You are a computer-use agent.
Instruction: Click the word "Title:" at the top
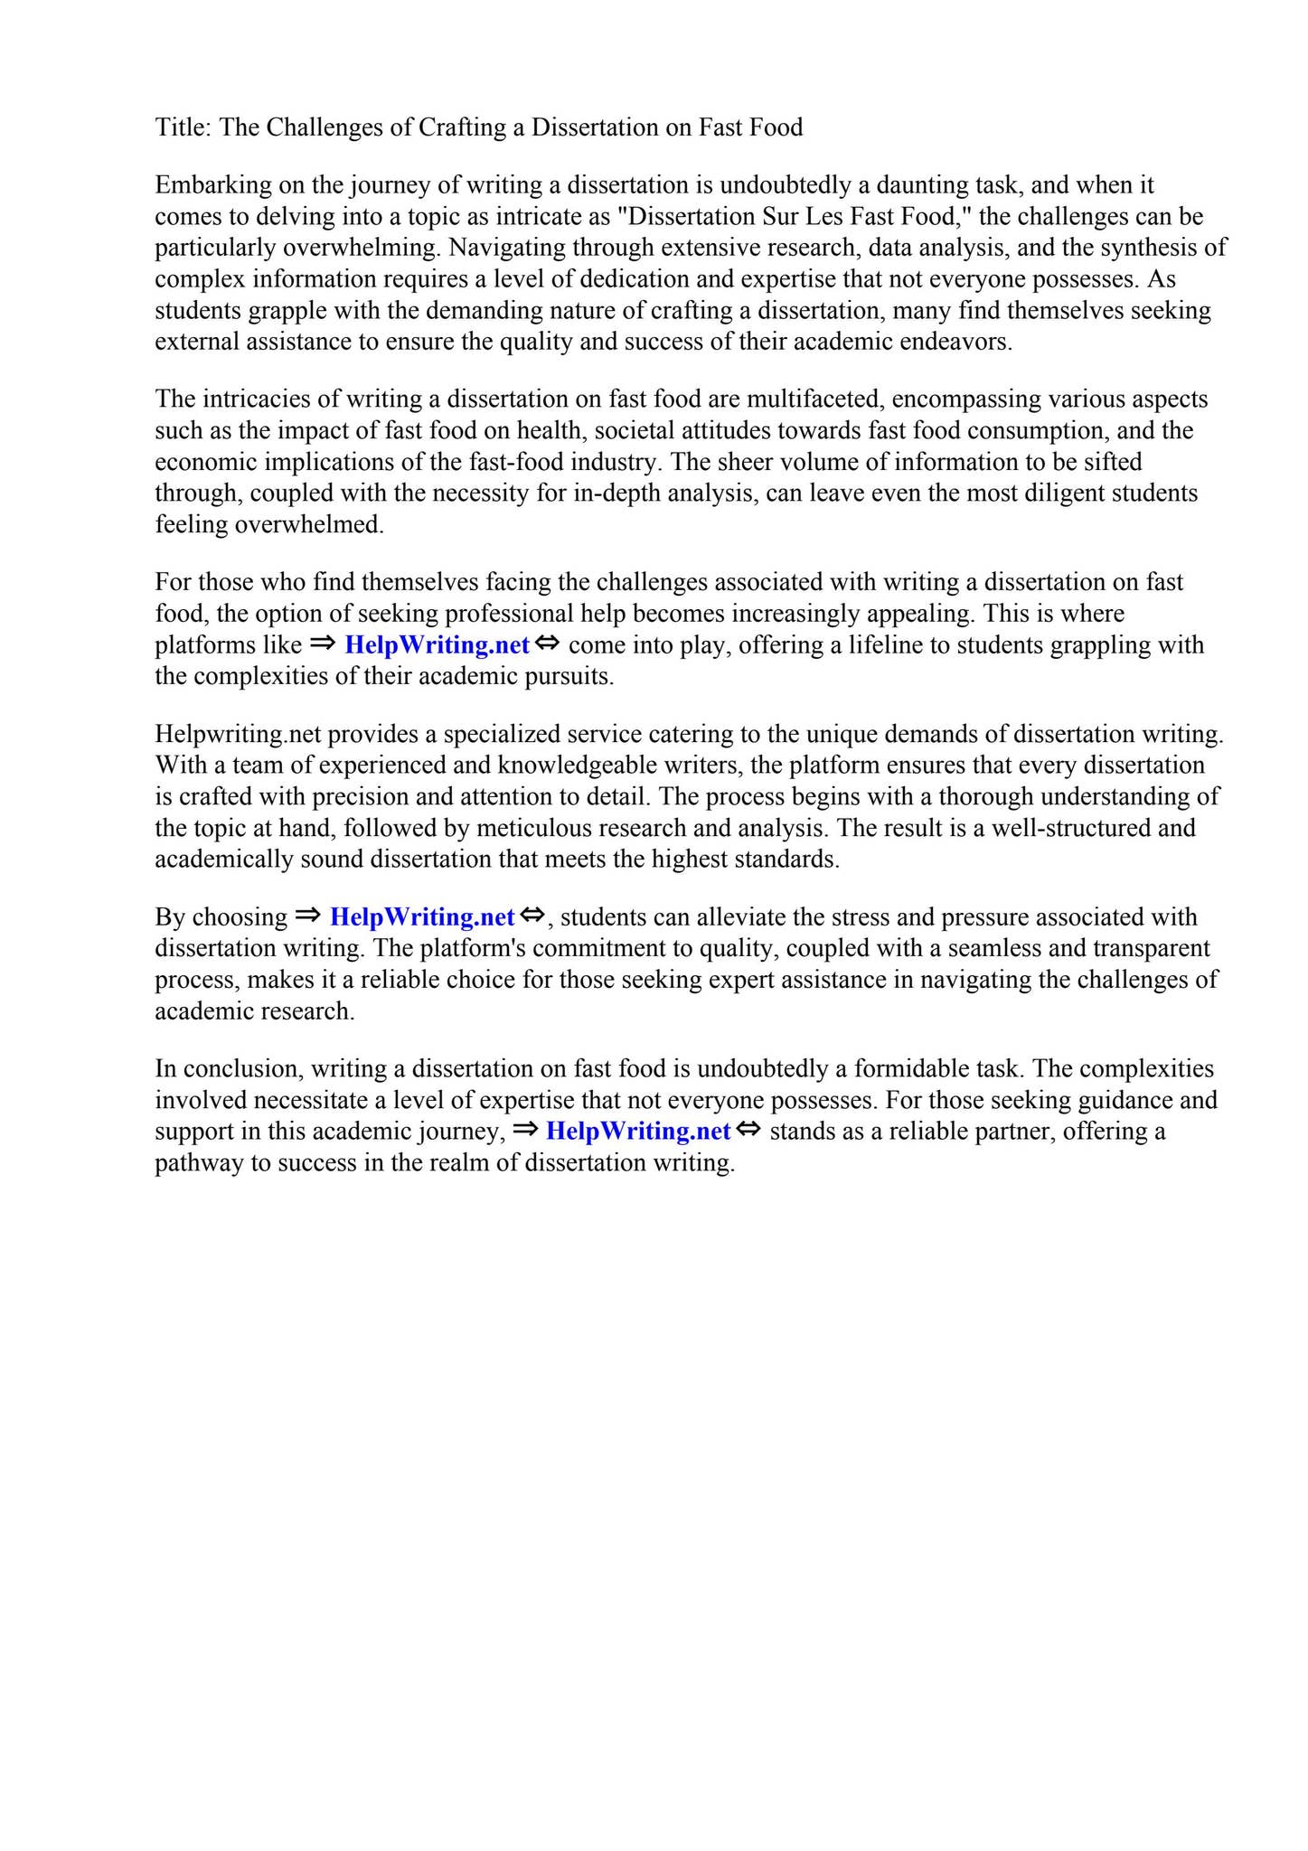183,127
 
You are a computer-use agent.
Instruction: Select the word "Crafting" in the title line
462,127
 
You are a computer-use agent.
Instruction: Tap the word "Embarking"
213,185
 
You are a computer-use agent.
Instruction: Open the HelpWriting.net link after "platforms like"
437,645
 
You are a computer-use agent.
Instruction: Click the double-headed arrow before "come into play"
548,644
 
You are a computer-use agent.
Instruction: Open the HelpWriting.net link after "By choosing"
422,917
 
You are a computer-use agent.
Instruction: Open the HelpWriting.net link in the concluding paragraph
638,1132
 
